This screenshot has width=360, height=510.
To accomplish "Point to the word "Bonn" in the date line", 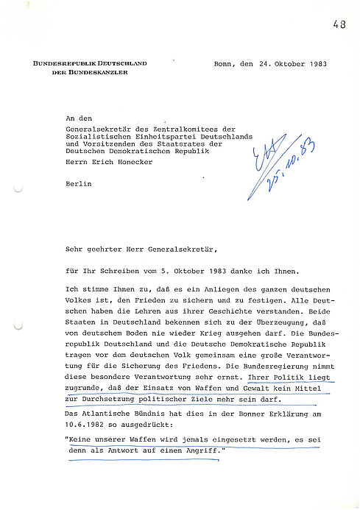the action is [225, 64].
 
